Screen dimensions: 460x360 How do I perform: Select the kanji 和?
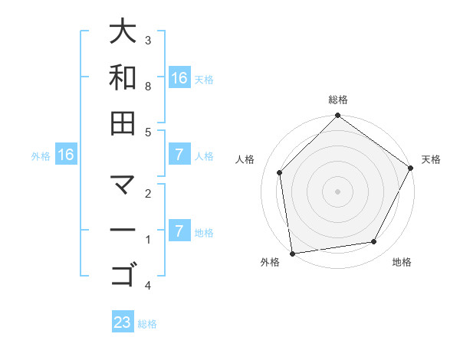coord(123,77)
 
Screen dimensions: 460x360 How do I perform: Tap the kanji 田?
coord(123,123)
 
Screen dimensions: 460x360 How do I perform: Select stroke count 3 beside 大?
coord(148,40)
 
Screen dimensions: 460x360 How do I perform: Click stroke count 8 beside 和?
coord(148,86)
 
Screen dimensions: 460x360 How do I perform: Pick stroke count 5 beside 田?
coord(148,132)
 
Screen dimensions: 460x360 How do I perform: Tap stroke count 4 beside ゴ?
coord(148,286)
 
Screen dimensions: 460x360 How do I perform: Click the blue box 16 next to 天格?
coord(179,78)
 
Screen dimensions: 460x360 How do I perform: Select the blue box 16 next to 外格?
coord(66,155)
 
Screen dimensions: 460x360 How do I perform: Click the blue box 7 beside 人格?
coord(179,155)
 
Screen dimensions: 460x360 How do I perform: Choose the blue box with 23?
coord(123,322)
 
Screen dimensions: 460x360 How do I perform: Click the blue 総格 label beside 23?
coord(148,324)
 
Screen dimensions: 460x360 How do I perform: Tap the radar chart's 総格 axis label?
coord(337,100)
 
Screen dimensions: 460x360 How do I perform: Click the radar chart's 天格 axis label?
coord(432,159)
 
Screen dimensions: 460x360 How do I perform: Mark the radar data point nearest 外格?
coord(292,253)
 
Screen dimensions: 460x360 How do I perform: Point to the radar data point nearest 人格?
coord(280,172)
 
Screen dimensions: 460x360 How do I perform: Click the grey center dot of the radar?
coord(337,191)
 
